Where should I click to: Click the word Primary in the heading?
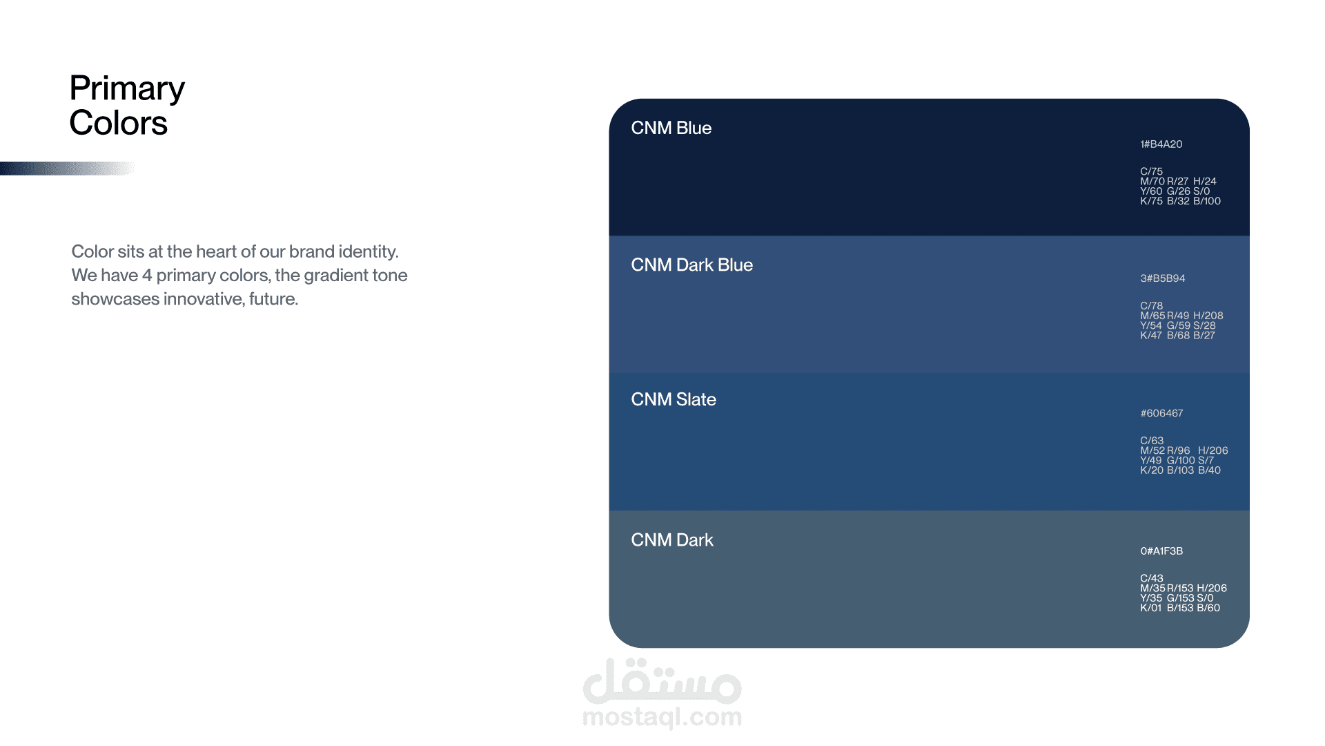(127, 89)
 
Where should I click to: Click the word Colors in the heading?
(118, 123)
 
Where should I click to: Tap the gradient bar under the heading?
(68, 169)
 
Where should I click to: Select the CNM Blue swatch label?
(671, 128)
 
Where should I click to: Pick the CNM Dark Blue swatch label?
(691, 265)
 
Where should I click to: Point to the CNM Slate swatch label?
(674, 399)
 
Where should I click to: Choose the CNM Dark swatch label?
(672, 539)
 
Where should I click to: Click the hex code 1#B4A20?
(1161, 144)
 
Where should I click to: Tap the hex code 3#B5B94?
(1163, 278)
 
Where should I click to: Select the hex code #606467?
(1161, 413)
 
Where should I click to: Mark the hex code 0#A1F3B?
(1161, 551)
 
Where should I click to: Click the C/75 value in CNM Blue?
(1151, 171)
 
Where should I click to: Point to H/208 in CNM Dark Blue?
(1208, 316)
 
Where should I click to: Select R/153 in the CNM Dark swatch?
(1180, 589)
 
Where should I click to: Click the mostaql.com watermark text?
(662, 717)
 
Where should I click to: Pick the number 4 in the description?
(147, 275)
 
